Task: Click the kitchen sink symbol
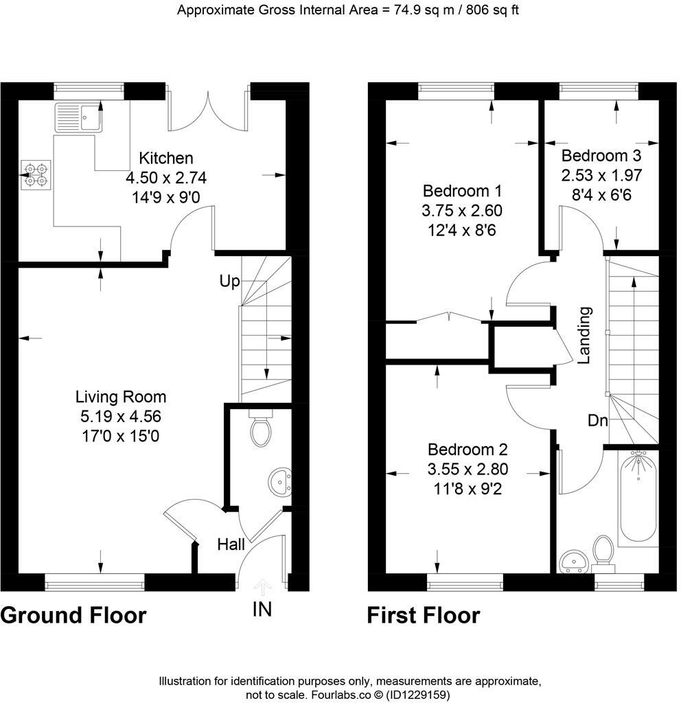[78, 117]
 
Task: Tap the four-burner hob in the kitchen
[35, 174]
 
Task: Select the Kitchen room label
[165, 159]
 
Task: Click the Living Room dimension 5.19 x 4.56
[120, 416]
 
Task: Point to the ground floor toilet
[261, 431]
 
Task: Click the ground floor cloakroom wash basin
[280, 482]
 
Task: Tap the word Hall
[231, 545]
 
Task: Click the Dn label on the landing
[597, 421]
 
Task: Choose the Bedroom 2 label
[467, 450]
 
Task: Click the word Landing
[584, 335]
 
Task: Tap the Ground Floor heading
[73, 615]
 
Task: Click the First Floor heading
[424, 615]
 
